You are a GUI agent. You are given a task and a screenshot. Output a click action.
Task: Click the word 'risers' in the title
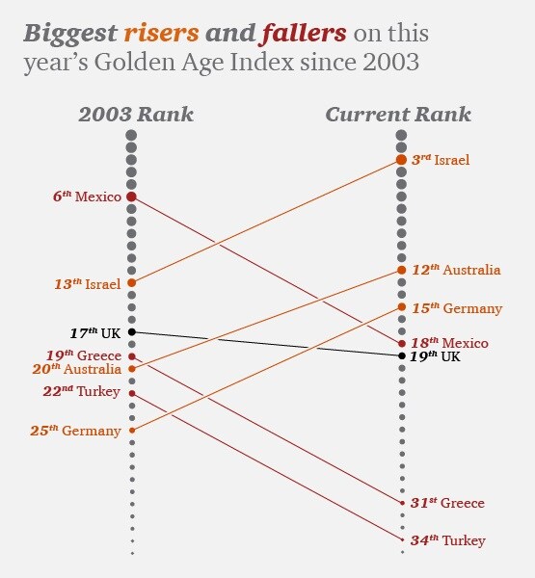(x=161, y=34)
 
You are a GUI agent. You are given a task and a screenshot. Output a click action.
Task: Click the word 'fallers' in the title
(x=303, y=34)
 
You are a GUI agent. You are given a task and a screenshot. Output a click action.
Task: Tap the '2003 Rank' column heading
(x=136, y=115)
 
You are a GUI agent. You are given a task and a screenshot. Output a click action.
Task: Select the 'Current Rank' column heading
(x=398, y=115)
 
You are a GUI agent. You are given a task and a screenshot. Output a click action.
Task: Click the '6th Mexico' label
(x=87, y=197)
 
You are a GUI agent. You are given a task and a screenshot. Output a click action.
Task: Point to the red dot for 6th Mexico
(x=132, y=197)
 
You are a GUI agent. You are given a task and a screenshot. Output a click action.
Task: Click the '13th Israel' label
(x=87, y=284)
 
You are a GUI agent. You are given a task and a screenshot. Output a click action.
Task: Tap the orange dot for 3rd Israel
(x=402, y=159)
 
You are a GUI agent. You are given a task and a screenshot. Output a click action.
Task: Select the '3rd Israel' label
(x=441, y=159)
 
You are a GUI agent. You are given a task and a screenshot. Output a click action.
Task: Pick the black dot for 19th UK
(x=402, y=356)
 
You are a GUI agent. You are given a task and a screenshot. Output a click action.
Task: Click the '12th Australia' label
(x=456, y=270)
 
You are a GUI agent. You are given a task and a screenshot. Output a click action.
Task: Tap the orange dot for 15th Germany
(x=402, y=307)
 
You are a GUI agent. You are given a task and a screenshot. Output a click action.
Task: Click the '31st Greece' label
(x=447, y=503)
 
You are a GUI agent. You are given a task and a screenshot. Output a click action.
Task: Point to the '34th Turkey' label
(x=447, y=540)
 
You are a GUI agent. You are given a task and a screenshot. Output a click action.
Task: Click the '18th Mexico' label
(x=450, y=343)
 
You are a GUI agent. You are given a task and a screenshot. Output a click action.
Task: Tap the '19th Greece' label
(x=86, y=355)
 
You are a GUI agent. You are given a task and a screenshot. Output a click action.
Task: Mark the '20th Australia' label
(x=78, y=368)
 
